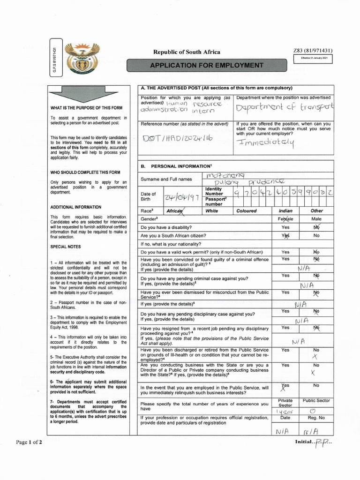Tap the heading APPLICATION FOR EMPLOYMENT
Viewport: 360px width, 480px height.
206,65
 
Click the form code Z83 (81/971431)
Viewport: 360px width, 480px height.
313,51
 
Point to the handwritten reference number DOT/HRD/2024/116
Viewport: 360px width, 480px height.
177,139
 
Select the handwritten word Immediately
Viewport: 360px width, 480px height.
266,142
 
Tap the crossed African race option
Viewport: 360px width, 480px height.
174,211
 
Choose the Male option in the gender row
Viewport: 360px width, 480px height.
316,219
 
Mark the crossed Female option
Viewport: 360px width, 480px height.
285,219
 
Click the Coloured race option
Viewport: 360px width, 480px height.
247,211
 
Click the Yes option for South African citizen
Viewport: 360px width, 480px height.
285,236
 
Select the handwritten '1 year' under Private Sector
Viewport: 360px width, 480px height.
285,411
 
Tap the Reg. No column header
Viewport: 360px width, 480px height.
316,417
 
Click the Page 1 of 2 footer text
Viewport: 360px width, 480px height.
29,442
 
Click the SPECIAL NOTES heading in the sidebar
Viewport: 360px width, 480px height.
65,247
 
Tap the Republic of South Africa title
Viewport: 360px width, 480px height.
187,52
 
